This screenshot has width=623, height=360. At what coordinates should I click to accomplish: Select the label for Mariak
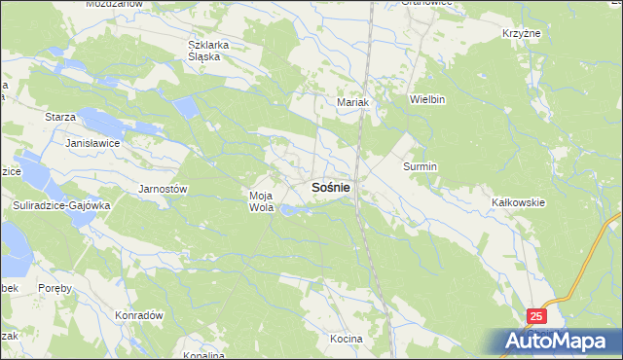tap(351, 101)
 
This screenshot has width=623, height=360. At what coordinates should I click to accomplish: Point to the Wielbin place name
tap(427, 99)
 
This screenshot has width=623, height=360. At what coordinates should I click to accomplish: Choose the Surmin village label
tap(421, 166)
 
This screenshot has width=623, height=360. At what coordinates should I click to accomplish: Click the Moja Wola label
tap(261, 201)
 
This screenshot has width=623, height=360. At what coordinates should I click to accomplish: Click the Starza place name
tap(60, 117)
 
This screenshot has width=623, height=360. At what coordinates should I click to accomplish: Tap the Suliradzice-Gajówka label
tap(63, 206)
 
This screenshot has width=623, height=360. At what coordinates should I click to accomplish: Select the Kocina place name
tap(346, 338)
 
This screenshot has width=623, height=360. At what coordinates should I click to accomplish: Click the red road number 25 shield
tap(538, 316)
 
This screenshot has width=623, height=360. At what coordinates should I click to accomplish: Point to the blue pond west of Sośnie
tap(291, 208)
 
